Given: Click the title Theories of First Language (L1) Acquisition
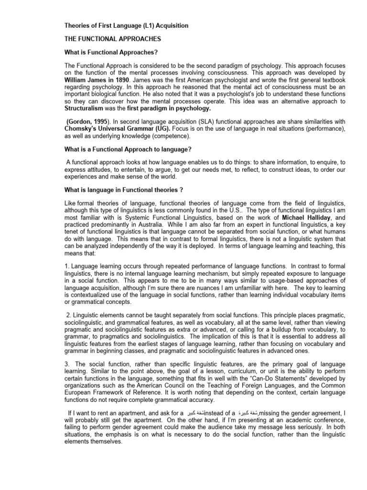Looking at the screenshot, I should click(x=126, y=25).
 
